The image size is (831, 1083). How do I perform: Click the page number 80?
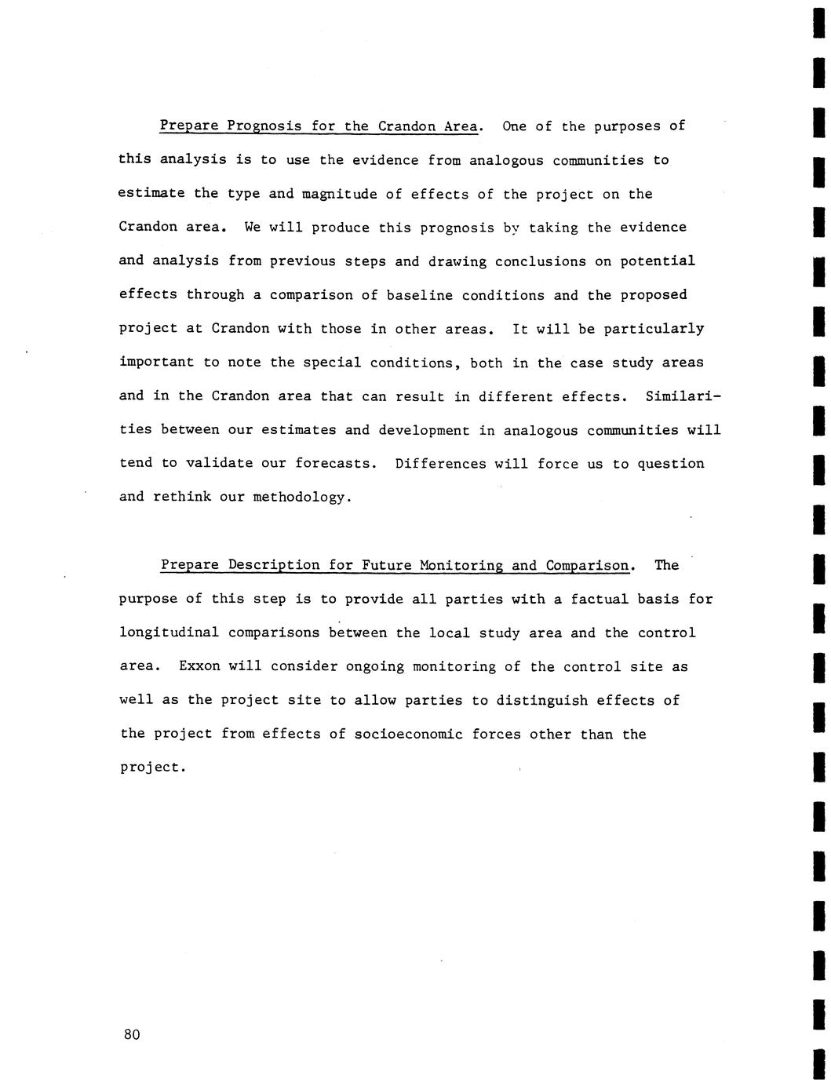point(131,1034)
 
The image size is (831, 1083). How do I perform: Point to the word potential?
point(658,261)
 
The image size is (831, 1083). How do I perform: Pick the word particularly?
point(654,329)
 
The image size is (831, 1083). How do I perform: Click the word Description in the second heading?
point(274,566)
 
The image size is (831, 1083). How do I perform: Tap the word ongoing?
point(371,667)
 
